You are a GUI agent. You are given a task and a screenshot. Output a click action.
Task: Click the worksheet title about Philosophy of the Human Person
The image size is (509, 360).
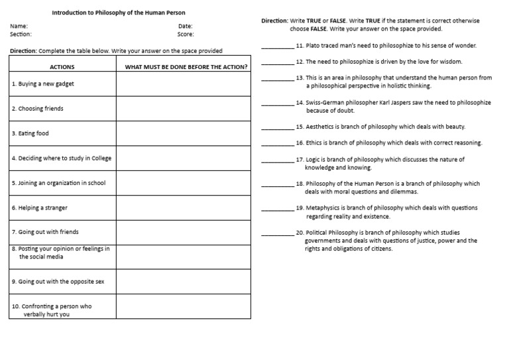point(119,13)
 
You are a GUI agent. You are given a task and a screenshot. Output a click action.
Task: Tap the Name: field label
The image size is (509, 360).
point(19,26)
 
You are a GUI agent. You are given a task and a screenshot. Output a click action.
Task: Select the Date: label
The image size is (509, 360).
point(185,26)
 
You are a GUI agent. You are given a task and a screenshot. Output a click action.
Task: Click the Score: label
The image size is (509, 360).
point(186,34)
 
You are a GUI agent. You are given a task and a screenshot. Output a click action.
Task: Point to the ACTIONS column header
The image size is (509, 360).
point(62,67)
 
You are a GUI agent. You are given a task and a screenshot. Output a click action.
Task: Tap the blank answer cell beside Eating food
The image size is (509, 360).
point(184,133)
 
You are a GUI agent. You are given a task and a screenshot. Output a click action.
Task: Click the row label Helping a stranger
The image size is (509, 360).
point(39,208)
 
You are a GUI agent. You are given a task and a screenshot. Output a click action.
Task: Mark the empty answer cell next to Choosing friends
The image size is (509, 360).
point(184,108)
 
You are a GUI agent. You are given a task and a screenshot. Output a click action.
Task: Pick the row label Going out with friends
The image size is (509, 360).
point(45,232)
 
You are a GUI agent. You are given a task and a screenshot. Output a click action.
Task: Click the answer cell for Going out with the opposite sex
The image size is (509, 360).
point(184,281)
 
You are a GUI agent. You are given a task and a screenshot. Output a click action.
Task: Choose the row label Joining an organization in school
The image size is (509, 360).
point(58,183)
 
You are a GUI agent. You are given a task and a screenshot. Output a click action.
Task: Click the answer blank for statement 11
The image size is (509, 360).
point(277,47)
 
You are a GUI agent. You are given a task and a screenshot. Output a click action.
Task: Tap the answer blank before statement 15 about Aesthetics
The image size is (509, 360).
point(277,127)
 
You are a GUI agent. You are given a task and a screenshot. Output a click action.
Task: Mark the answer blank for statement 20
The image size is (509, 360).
point(277,235)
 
